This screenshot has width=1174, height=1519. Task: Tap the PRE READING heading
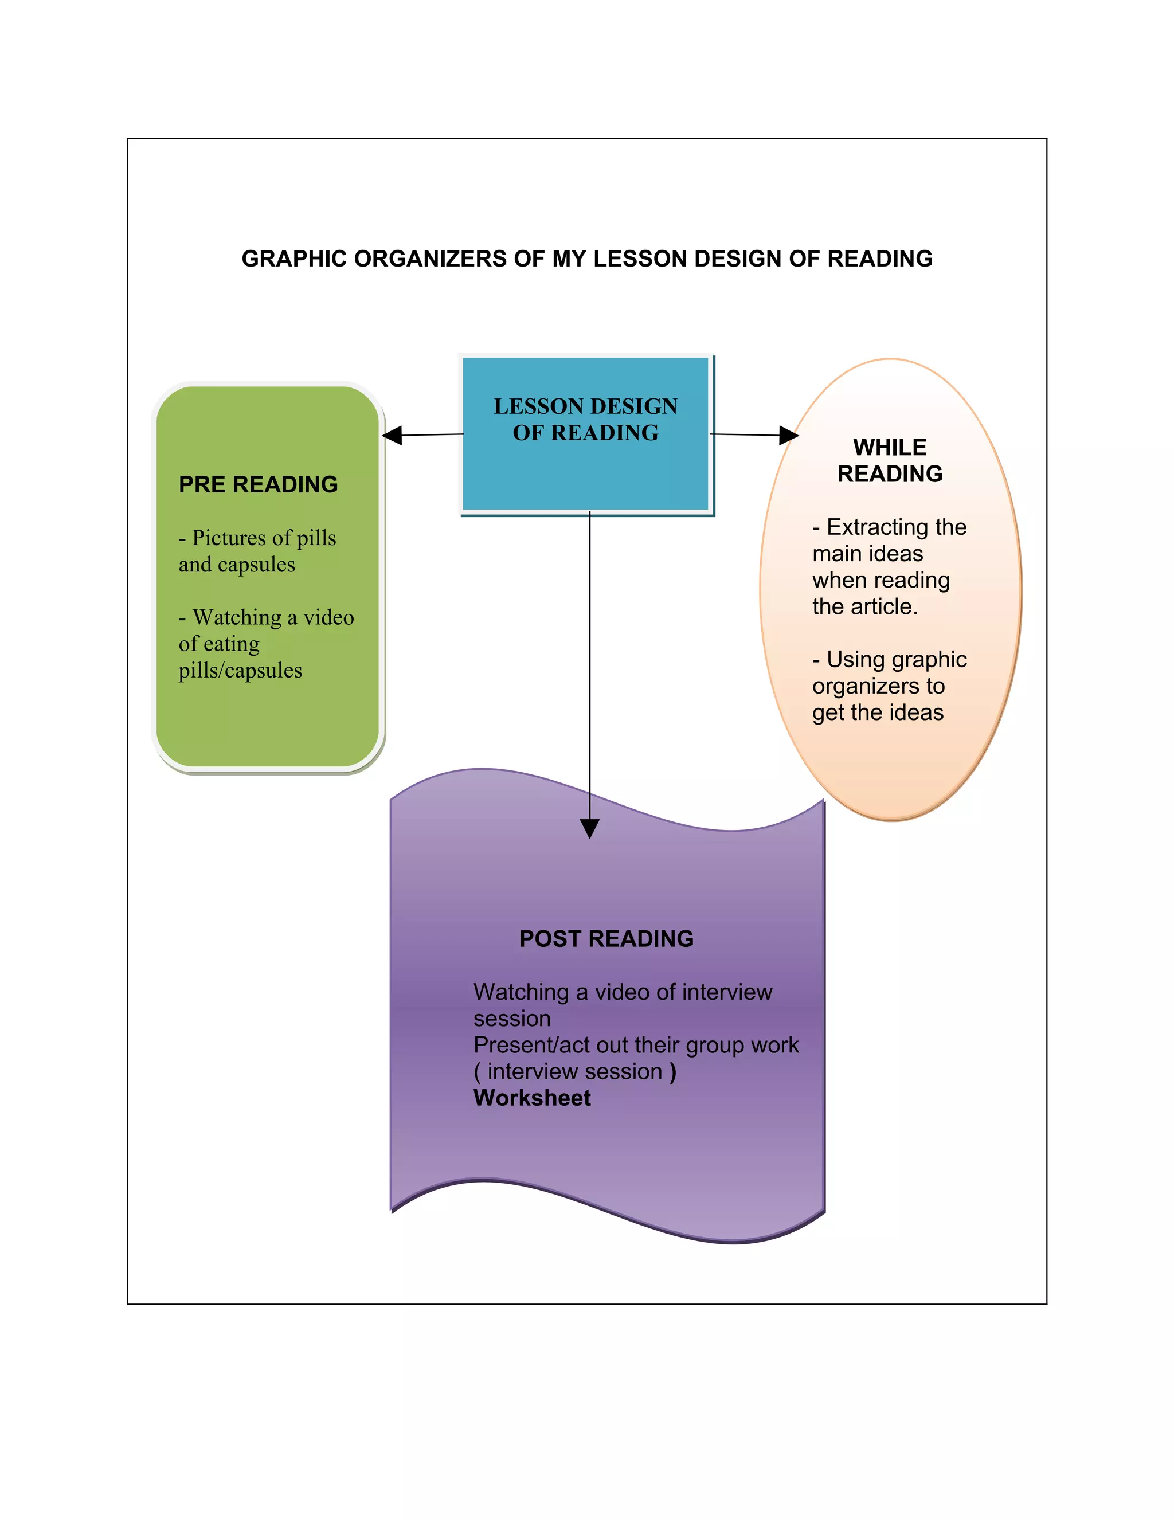(x=258, y=484)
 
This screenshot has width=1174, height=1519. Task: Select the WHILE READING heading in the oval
(x=890, y=460)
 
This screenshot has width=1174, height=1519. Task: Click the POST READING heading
(x=606, y=939)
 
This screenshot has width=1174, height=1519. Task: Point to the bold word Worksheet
(x=532, y=1098)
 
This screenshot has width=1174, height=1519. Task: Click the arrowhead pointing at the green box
(x=392, y=436)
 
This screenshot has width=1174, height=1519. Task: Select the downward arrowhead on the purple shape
(x=590, y=828)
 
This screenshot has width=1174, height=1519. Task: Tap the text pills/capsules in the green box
(x=240, y=671)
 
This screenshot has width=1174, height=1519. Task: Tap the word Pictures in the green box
(x=228, y=538)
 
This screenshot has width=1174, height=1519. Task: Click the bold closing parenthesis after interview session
(x=672, y=1072)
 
